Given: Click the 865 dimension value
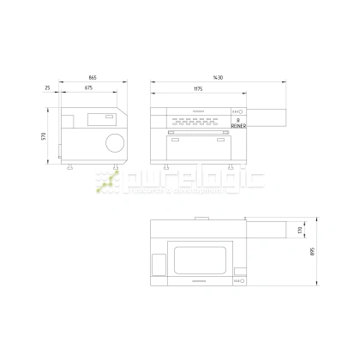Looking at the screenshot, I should coord(92,78).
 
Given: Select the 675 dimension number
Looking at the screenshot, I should coord(89,88).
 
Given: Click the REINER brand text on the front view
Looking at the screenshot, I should coord(237,126).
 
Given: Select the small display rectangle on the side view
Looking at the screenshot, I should coord(108,117).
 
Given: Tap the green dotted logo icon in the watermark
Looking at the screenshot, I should coord(107,181).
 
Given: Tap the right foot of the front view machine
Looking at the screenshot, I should coord(231,165).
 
